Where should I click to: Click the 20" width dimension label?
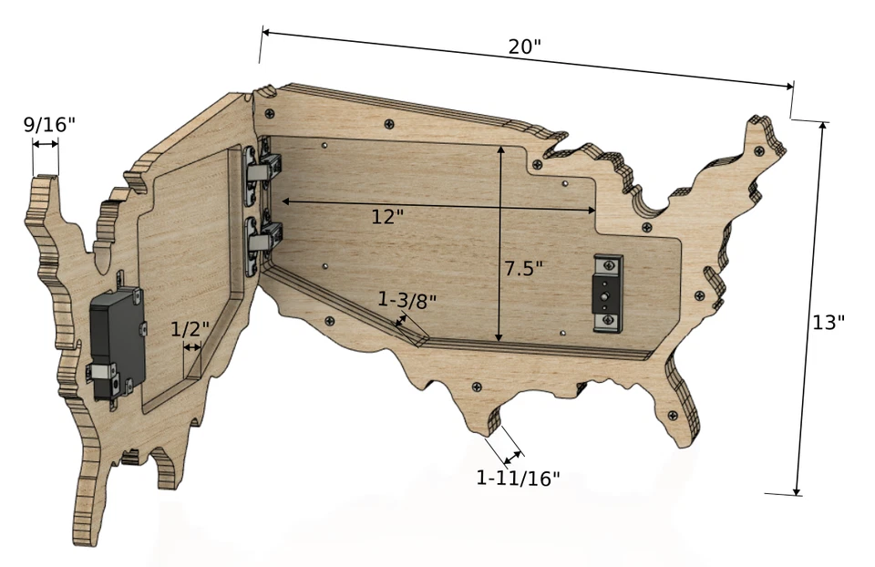525,47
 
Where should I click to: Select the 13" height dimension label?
829,322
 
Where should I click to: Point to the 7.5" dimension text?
524,268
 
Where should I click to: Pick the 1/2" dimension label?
190,328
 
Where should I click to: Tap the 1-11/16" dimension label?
518,477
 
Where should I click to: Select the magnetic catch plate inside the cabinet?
606,292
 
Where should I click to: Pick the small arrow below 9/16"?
45,144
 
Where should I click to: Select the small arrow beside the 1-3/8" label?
400,320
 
